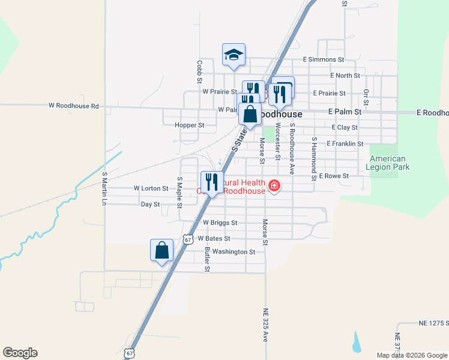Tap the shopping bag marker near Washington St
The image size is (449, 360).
click(162, 250)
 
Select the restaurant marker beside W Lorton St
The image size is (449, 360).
click(211, 182)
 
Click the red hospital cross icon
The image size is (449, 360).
click(274, 186)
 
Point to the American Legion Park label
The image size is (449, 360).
click(390, 163)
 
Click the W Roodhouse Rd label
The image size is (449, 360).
click(74, 106)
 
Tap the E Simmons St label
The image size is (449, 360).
click(323, 60)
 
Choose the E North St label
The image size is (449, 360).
click(345, 76)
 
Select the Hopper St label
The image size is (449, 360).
click(190, 125)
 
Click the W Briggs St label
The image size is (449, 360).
click(220, 223)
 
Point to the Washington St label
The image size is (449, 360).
click(234, 252)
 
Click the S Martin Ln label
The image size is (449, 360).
click(104, 190)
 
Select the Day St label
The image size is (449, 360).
click(150, 205)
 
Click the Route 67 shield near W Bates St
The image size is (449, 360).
click(188, 238)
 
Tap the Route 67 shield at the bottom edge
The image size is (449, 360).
click(130, 353)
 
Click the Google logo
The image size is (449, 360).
click(20, 353)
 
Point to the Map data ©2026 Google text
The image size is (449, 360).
click(411, 355)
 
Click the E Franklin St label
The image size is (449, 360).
click(345, 144)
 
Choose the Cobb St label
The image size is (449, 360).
click(200, 71)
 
